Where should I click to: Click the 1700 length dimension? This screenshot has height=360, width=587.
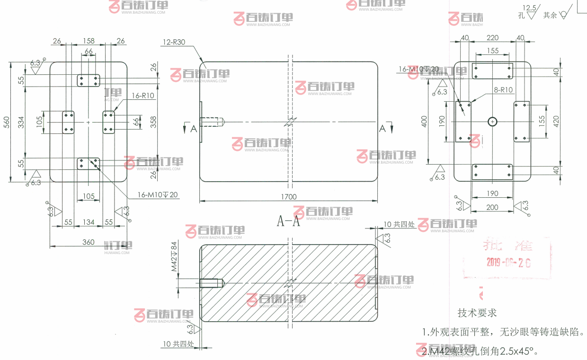(288, 197)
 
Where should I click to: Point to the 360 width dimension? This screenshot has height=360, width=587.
(88, 242)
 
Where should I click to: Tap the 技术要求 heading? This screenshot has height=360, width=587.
(477, 313)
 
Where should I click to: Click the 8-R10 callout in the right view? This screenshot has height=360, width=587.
(503, 89)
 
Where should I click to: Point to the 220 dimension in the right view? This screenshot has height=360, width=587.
(493, 38)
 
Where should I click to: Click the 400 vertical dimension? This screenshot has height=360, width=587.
(425, 122)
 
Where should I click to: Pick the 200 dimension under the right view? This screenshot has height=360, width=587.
(492, 207)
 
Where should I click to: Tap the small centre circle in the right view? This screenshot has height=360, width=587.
(493, 122)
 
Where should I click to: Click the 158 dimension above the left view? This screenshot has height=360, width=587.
(89, 41)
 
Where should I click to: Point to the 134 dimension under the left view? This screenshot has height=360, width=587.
(89, 222)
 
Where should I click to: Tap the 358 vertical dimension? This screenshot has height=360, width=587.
(153, 122)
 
